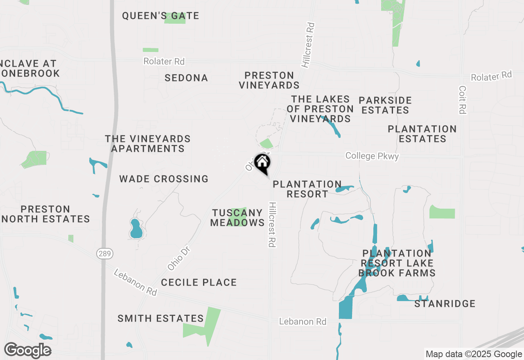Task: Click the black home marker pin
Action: [262, 163]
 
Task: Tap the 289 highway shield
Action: [104, 254]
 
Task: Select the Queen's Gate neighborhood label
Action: [160, 16]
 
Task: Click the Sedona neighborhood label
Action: [186, 78]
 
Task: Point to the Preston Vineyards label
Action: [269, 80]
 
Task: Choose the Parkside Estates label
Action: [385, 105]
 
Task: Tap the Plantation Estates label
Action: [422, 134]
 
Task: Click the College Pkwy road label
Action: [372, 156]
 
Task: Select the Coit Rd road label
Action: [463, 100]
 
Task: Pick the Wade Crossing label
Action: [164, 179]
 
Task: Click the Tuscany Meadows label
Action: [237, 218]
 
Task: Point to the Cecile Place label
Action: [199, 282]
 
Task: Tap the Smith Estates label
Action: [160, 318]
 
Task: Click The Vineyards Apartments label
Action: [148, 144]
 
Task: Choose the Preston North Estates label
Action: [45, 214]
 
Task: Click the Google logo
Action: [28, 350]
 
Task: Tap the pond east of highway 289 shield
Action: [136, 229]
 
